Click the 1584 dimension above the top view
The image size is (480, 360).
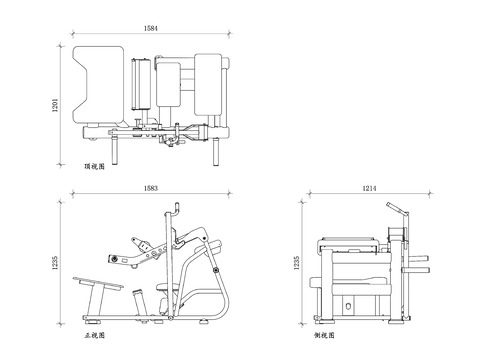pyautogui.click(x=151, y=28)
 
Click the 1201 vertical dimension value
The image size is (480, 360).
pyautogui.click(x=55, y=105)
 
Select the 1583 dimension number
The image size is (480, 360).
pyautogui.click(x=151, y=188)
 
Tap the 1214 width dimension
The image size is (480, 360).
pyautogui.click(x=369, y=188)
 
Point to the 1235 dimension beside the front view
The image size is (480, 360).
pyautogui.click(x=55, y=263)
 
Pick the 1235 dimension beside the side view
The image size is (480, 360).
pyautogui.click(x=297, y=263)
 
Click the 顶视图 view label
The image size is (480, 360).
pyautogui.click(x=94, y=166)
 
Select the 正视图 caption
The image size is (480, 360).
pyautogui.click(x=94, y=335)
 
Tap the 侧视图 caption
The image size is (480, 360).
pyautogui.click(x=324, y=335)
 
